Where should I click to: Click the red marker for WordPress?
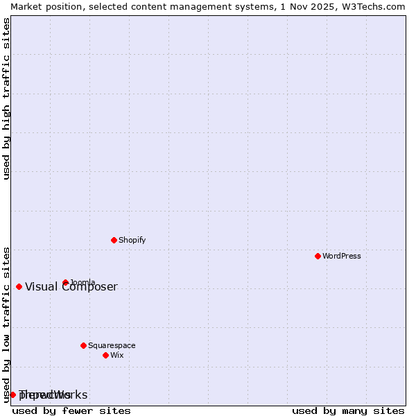318,256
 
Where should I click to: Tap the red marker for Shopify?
114,240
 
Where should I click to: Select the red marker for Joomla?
65,282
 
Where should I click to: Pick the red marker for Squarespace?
83,345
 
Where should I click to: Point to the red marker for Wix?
105,355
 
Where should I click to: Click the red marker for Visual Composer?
19,286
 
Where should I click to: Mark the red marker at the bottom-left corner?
12,395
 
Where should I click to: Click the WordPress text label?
342,256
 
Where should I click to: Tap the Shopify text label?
132,240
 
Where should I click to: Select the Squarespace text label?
112,345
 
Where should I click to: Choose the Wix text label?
116,355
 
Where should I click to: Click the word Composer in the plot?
94,287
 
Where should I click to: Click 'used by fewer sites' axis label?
71,410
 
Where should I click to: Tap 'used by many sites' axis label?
348,410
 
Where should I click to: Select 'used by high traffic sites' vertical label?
7,98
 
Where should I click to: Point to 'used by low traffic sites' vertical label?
7,324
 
